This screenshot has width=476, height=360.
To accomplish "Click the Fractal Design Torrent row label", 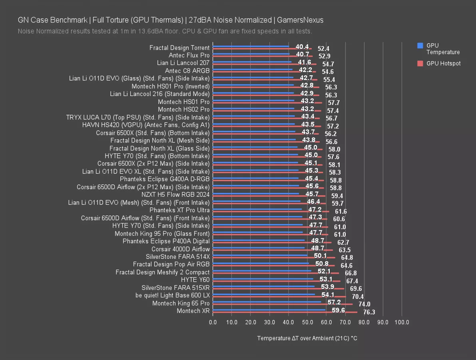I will pos(179,48).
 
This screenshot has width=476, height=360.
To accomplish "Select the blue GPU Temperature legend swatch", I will pos(420,46).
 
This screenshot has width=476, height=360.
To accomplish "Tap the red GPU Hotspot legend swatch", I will pos(420,63).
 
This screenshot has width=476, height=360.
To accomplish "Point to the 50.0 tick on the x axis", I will pos(307,322).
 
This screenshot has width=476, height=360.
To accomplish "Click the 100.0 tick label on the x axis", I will pos(402,322).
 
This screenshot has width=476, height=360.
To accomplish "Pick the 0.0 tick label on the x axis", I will pos(213,322).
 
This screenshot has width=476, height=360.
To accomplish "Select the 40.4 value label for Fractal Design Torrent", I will pos(302,47).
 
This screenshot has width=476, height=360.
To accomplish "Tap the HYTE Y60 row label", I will pos(195,280).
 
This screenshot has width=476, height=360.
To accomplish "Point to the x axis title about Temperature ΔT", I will pos(307,338).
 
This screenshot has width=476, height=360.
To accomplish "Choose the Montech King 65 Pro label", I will pos(181,303).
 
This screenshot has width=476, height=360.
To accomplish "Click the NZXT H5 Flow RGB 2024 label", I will pos(175,194).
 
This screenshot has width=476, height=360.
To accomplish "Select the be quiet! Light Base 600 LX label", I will pos(172,295).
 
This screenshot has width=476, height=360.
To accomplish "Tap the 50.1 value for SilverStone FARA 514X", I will pos(321,256).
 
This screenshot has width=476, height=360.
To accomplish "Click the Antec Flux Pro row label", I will pos(189,55).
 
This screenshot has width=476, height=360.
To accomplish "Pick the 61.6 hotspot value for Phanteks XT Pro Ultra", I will pos(341,211).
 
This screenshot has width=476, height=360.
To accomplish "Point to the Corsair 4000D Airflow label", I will pos(180,249).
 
